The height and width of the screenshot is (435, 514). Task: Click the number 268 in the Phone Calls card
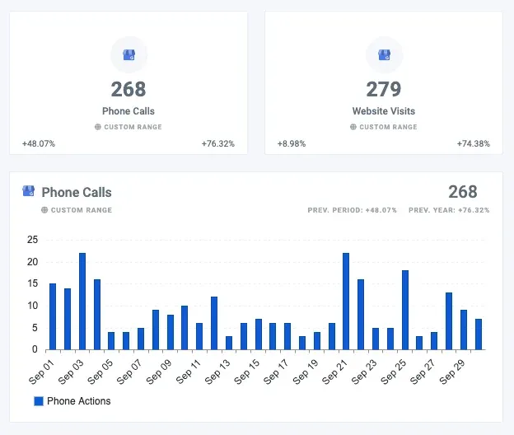point(128,89)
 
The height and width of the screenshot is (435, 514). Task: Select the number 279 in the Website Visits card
point(383,89)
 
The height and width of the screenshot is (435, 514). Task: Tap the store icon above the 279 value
point(384,54)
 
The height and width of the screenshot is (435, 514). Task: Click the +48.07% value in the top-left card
point(39,143)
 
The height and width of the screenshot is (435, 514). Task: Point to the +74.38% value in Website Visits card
point(474,143)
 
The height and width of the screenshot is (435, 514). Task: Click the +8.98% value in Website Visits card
point(292,143)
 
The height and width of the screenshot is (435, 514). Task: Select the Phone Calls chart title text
point(77,192)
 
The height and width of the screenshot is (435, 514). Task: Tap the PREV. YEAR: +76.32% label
point(449,210)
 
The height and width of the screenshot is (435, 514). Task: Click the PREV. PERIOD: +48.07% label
point(353,210)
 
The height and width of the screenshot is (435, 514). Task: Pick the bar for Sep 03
point(82,301)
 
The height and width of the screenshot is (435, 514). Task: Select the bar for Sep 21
point(346,301)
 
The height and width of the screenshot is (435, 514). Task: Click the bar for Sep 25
point(404,310)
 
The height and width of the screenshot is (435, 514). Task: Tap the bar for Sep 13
point(228,343)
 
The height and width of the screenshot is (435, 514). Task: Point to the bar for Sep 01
point(53,316)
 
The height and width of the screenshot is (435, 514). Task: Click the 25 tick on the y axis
point(33,240)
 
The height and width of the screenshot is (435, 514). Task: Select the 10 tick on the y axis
point(33,306)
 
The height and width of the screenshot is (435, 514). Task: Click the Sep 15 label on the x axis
point(248,370)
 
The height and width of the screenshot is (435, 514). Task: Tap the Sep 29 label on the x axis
point(453,370)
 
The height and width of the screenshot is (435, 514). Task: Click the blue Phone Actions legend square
point(38,401)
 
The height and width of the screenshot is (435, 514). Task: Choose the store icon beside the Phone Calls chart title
point(29,191)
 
